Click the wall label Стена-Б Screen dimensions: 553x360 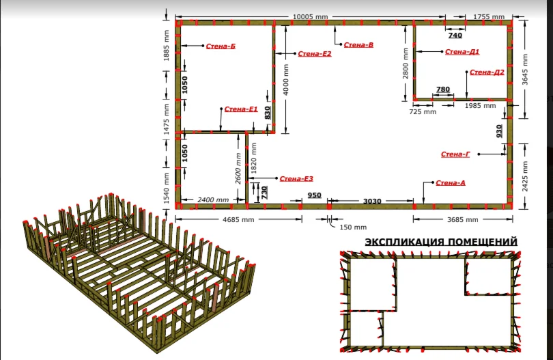pos(221,46)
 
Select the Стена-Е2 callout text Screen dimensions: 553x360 pos(315,54)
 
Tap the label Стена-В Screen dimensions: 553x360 pos(358,45)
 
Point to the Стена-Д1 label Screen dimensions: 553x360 pos(462,52)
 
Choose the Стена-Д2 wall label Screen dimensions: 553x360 pos(487,72)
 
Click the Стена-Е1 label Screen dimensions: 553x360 pos(241,109)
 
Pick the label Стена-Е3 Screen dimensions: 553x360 pos(296,178)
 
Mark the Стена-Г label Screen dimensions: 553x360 pos(455,154)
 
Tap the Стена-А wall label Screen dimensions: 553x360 pos(451,183)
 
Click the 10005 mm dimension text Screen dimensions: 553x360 pos(311,16)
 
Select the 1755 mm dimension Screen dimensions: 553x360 pos(489,16)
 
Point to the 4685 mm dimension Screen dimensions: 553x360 pos(238,219)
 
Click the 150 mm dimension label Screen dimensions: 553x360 pos(353,227)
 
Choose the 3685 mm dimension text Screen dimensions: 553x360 pos(463,219)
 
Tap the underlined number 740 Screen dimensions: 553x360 pos(455,36)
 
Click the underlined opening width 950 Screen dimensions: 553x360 pos(314,195)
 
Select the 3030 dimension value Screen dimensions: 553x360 pos(372,201)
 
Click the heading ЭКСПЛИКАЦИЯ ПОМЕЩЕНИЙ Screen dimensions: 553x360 pos(441,242)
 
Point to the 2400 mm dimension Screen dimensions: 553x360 pos(213,199)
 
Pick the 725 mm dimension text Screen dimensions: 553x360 pos(423,111)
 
